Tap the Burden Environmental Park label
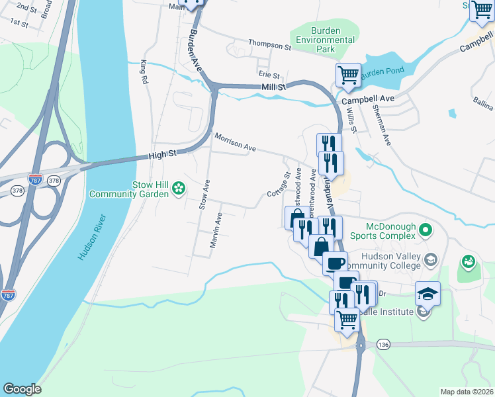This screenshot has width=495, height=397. pyautogui.click(x=325, y=40)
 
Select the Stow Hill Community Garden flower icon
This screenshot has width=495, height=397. pyautogui.click(x=178, y=190)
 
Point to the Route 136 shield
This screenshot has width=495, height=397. pyautogui.click(x=383, y=345)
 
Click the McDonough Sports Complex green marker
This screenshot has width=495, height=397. pyautogui.click(x=425, y=231)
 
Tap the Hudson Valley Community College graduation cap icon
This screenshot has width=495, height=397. pyautogui.click(x=431, y=259)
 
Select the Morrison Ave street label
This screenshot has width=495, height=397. pyautogui.click(x=235, y=142)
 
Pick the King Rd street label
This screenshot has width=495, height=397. pyautogui.click(x=144, y=71)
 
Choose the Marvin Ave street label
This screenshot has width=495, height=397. pyautogui.click(x=215, y=231)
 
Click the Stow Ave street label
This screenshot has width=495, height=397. pyautogui.click(x=204, y=195)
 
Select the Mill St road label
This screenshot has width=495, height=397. pyautogui.click(x=273, y=87)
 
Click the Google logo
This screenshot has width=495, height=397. pyautogui.click(x=22, y=389)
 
